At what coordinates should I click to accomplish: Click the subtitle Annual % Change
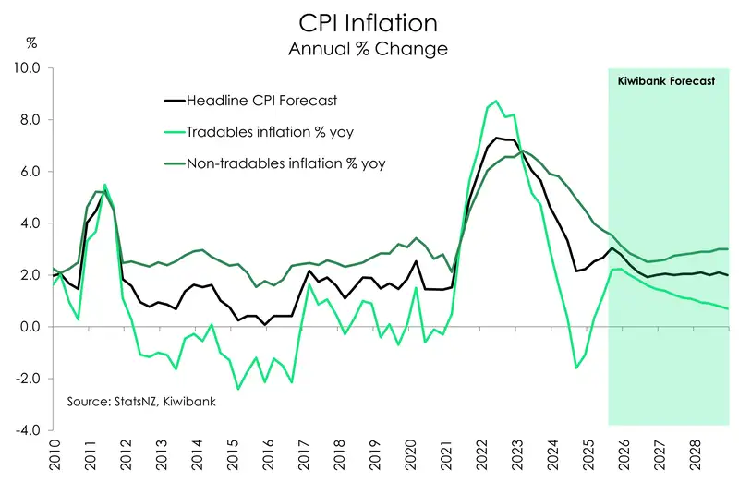368,47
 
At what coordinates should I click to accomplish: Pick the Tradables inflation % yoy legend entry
270,132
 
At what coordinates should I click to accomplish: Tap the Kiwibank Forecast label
666,81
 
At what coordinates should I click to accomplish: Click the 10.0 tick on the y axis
29,68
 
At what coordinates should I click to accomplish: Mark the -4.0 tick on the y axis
29,430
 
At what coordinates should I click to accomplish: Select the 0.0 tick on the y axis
30,327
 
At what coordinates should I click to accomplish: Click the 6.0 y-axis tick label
30,172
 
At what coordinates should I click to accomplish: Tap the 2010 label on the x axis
54,457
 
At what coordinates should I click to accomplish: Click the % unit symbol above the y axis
31,43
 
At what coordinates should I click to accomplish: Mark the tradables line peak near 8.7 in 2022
497,102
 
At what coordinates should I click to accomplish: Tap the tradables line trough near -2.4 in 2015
237,389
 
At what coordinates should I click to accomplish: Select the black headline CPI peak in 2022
497,138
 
